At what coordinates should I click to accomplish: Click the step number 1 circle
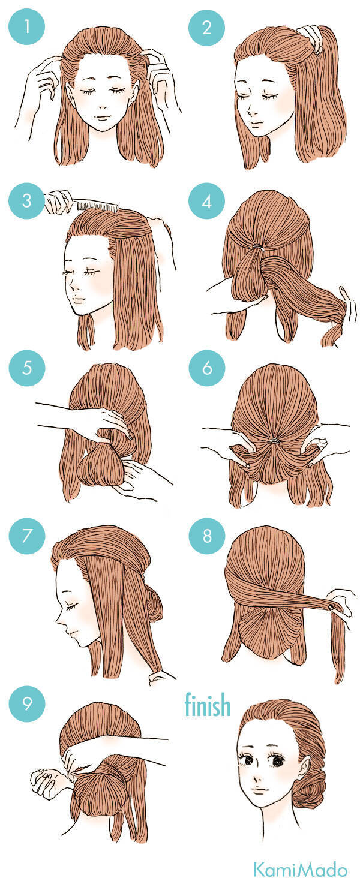(27, 27)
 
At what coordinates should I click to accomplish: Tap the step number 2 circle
(206, 27)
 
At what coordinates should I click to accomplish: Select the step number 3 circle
(27, 200)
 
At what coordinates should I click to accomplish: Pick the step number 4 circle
(206, 202)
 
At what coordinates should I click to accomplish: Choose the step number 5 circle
(27, 368)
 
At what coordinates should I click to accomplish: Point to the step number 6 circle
(206, 368)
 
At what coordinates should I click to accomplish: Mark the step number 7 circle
(27, 536)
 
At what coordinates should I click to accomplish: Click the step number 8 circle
(206, 536)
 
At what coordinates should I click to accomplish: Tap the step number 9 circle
(27, 703)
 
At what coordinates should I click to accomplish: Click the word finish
(208, 705)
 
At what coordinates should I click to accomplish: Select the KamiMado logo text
(301, 871)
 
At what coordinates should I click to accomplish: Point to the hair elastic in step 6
(274, 441)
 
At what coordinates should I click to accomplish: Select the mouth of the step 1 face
(104, 117)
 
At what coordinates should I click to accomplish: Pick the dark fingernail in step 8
(331, 607)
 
